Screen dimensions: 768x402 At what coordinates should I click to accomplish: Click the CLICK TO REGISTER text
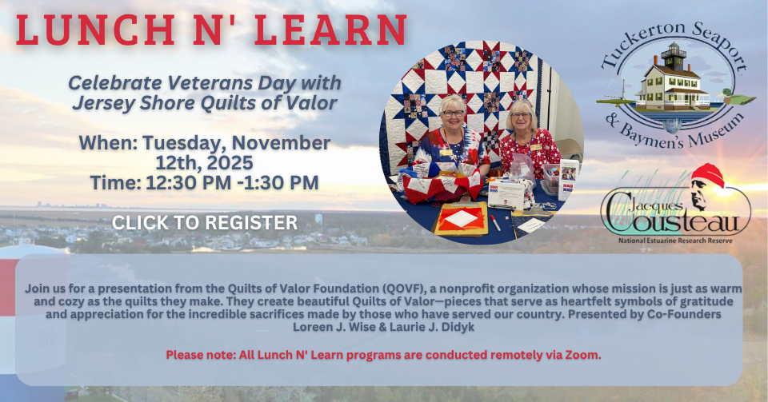pyautogui.click(x=205, y=222)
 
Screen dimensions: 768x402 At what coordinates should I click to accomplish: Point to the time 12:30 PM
pyautogui.click(x=189, y=182)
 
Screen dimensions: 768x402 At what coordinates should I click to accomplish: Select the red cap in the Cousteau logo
pyautogui.click(x=708, y=175)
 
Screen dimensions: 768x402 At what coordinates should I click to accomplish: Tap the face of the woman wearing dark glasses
pyautogui.click(x=453, y=114)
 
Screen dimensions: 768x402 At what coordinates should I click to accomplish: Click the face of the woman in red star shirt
pyautogui.click(x=520, y=117)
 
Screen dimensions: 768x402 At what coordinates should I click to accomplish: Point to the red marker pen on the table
pyautogui.click(x=495, y=223)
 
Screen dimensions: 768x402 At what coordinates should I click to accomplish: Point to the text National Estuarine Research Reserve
pyautogui.click(x=675, y=241)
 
